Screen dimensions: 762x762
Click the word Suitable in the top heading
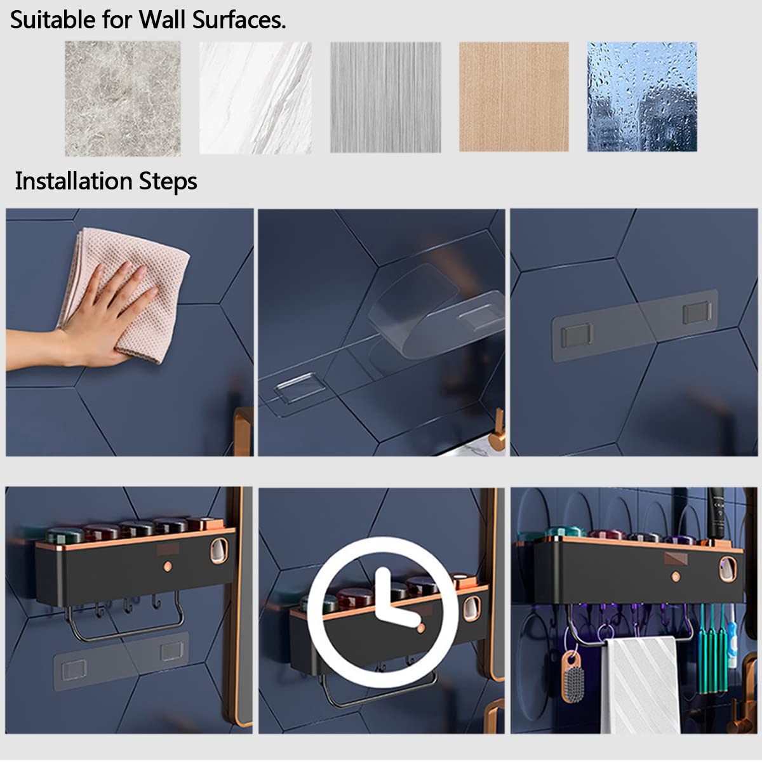(x=53, y=20)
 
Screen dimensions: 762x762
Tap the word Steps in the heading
(x=168, y=182)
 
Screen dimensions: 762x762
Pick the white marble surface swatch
(x=255, y=98)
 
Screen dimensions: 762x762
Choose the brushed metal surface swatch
(x=385, y=97)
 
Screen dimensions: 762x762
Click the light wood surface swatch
(x=514, y=97)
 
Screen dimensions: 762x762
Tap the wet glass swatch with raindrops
(x=642, y=97)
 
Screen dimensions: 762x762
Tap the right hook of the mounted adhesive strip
(x=697, y=312)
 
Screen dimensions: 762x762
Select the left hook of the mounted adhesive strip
(x=577, y=335)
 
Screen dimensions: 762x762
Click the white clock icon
(x=381, y=612)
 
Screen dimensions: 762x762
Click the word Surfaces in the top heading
(x=239, y=20)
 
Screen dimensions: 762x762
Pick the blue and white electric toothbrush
(x=733, y=637)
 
